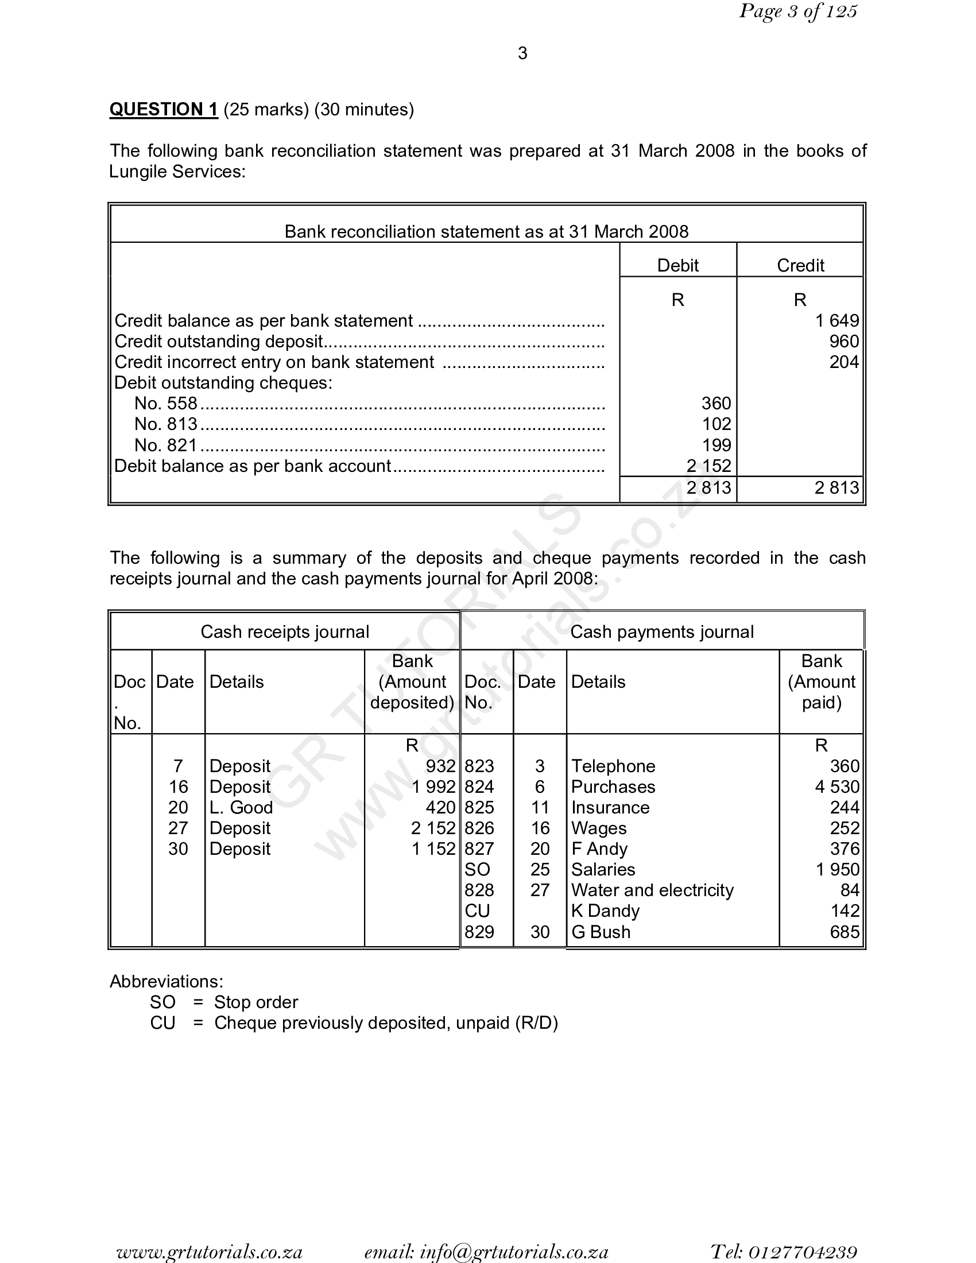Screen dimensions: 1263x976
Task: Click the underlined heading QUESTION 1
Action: point(164,109)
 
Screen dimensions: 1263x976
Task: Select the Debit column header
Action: point(677,265)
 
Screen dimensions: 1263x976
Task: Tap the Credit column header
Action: point(800,265)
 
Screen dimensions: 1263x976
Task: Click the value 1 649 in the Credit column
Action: point(836,320)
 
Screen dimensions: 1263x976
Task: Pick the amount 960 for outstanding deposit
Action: point(843,341)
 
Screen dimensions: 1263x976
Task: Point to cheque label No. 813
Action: point(166,424)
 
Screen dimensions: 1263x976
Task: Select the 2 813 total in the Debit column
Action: point(709,487)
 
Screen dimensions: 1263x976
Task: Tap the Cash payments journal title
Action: point(661,631)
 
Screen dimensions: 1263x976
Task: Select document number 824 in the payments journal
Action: point(479,787)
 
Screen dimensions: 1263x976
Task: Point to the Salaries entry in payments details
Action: point(602,869)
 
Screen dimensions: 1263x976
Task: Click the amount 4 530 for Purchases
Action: point(836,787)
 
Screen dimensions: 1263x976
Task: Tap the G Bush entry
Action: point(600,932)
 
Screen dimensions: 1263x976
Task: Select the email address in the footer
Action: point(486,1252)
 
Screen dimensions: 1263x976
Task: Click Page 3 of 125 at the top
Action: point(798,11)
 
